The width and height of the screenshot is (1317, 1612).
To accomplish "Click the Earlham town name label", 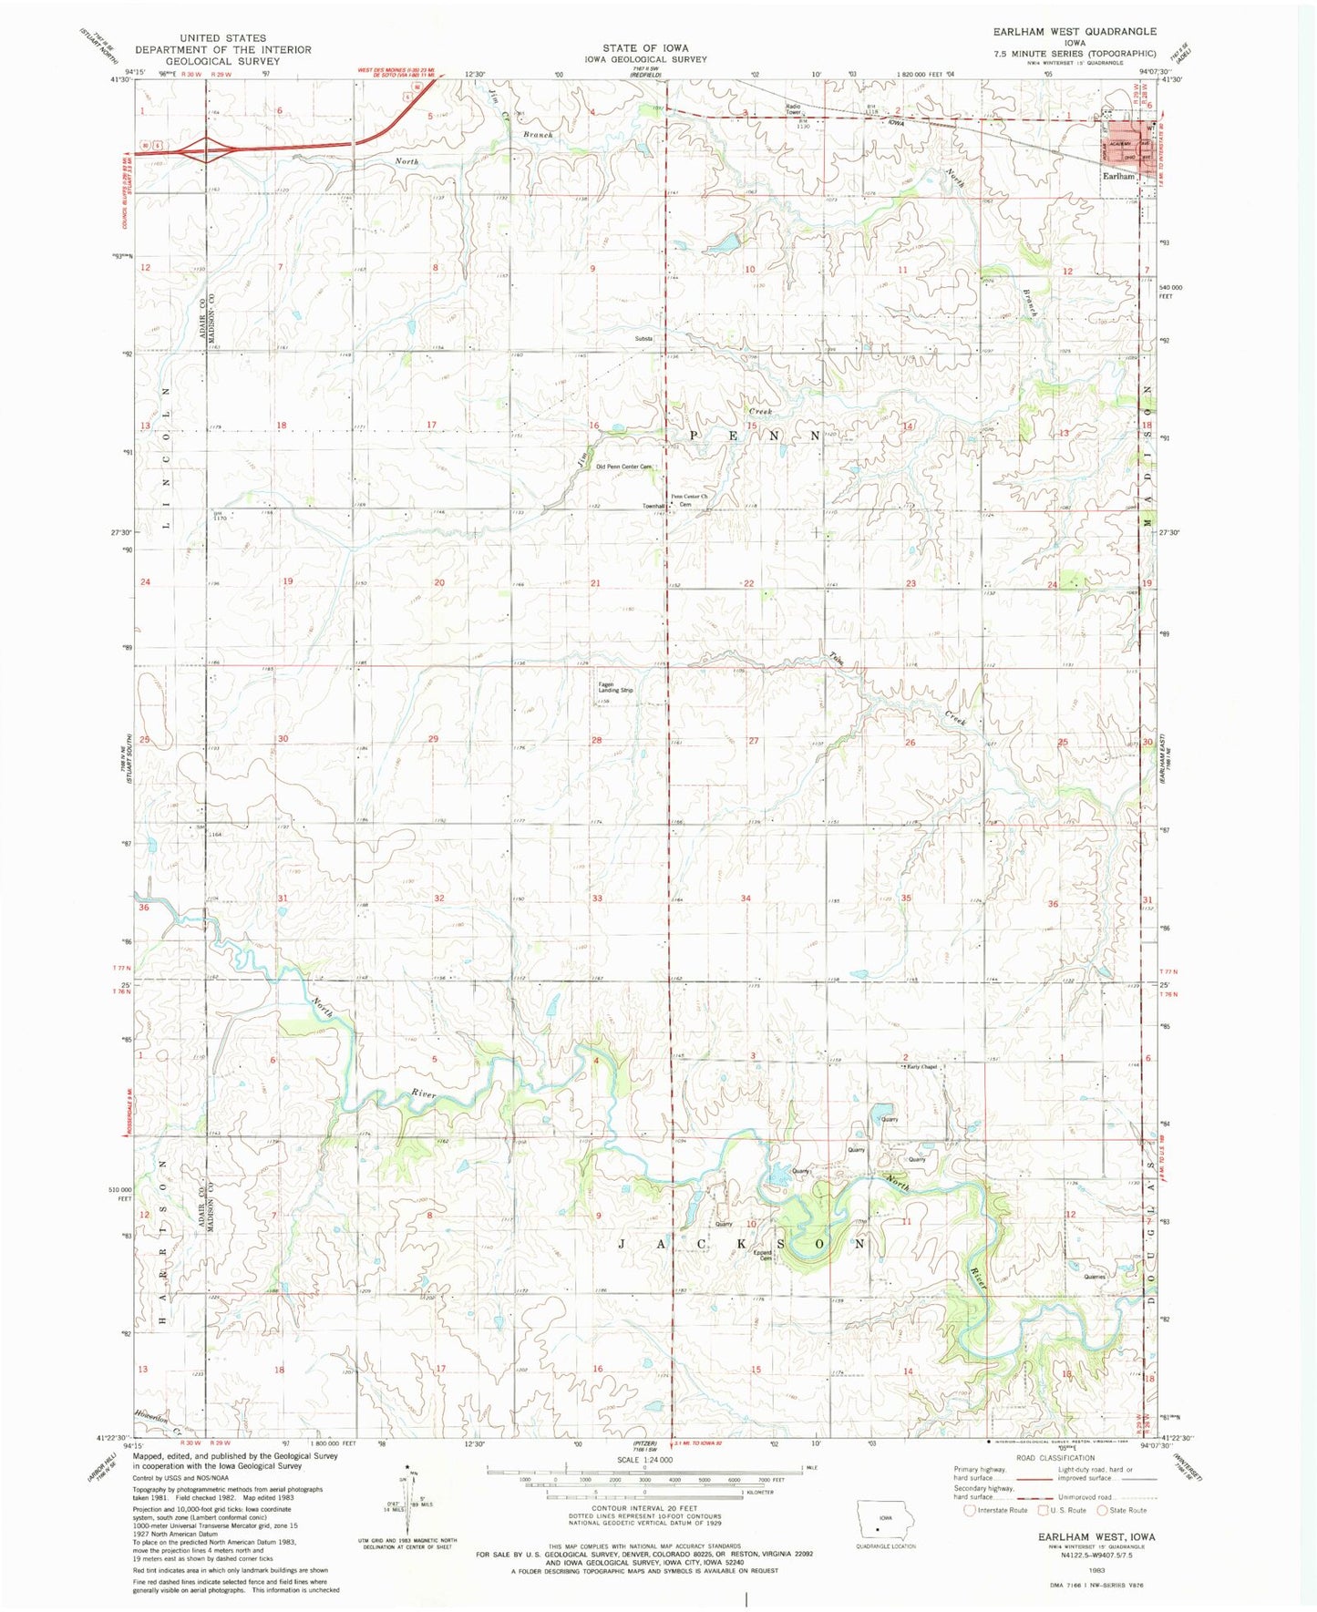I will [x=1118, y=176].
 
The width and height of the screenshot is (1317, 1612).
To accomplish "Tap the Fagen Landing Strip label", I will [x=615, y=688].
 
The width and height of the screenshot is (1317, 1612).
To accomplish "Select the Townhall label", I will [x=653, y=506].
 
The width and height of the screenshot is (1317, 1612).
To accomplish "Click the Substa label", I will [x=644, y=339].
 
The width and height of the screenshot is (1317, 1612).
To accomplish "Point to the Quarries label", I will [x=1095, y=1277].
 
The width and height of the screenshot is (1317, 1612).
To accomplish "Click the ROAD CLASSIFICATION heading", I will [x=1055, y=1484].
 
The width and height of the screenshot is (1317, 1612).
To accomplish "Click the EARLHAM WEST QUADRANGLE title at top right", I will [x=1075, y=31].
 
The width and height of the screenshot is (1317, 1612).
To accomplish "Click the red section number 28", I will [x=596, y=740].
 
